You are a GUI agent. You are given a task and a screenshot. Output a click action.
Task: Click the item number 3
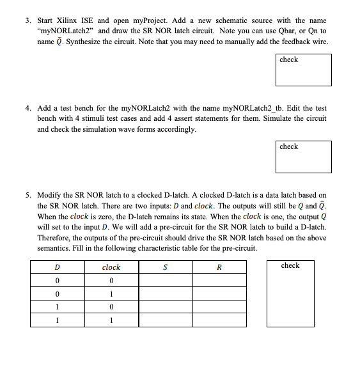[x=28, y=20]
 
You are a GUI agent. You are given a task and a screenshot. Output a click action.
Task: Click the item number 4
[x=28, y=108]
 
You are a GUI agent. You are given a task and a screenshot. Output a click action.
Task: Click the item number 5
[x=28, y=195]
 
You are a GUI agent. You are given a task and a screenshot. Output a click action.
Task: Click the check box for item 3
[x=303, y=70]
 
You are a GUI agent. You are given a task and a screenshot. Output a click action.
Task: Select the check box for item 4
[x=303, y=157]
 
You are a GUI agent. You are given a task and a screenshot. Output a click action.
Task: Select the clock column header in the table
[x=111, y=267]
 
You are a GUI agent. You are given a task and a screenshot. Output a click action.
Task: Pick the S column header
[x=165, y=267]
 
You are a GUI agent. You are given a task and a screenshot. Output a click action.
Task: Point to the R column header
[x=219, y=267]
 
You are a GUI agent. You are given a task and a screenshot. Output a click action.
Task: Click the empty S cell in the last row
[x=165, y=320]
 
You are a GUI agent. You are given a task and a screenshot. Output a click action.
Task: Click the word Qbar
[x=283, y=30]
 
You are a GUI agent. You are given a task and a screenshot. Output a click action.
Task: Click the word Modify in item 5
[x=49, y=195]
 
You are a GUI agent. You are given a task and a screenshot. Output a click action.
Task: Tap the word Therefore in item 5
[x=56, y=237]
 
